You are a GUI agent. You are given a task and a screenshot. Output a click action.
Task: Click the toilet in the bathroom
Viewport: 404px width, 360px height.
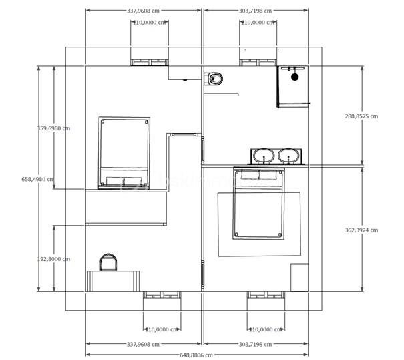pyautogui.click(x=214, y=79)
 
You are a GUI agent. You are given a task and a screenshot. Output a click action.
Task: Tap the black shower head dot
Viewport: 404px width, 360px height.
pyautogui.click(x=294, y=77)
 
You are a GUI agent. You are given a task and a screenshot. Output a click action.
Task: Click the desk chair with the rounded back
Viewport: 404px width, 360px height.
pyautogui.click(x=108, y=262)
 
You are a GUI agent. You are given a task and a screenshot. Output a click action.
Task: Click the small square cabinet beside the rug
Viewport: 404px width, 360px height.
pyautogui.click(x=299, y=277)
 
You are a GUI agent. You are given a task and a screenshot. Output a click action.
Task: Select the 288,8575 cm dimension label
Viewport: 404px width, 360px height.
pyautogui.click(x=361, y=116)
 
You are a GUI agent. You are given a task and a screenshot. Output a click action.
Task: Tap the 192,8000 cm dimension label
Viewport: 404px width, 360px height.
pyautogui.click(x=53, y=258)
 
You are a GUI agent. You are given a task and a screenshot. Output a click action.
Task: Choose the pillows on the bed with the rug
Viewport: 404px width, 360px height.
pyautogui.click(x=259, y=175)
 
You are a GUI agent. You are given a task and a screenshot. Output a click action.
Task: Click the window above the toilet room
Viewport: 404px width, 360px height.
pyautogui.click(x=258, y=63)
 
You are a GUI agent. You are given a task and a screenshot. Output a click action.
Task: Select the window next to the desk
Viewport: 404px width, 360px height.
pyautogui.click(x=162, y=295)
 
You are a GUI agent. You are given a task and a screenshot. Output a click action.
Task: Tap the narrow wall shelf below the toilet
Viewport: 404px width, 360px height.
pyautogui.click(x=221, y=94)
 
